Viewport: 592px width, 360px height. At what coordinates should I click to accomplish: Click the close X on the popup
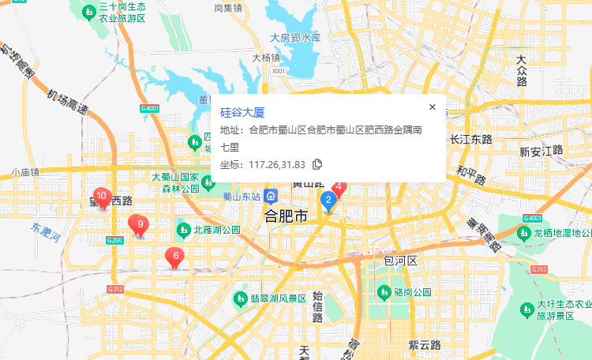tap(432, 107)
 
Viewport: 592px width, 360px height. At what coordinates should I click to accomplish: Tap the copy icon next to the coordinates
tap(317, 164)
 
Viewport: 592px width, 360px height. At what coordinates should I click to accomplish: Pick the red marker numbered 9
tap(140, 226)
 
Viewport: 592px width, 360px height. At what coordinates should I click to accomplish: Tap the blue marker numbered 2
tap(328, 201)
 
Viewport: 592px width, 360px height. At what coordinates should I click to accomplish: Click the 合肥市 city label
tap(286, 215)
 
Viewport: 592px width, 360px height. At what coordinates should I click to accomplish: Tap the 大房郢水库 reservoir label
tap(295, 37)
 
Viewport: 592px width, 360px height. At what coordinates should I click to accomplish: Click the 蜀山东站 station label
tap(242, 197)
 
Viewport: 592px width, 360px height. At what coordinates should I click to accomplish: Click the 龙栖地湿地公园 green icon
tap(522, 232)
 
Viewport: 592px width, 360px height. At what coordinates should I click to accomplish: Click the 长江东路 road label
tap(470, 139)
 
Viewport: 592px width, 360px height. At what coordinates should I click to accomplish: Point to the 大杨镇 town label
tap(266, 58)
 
